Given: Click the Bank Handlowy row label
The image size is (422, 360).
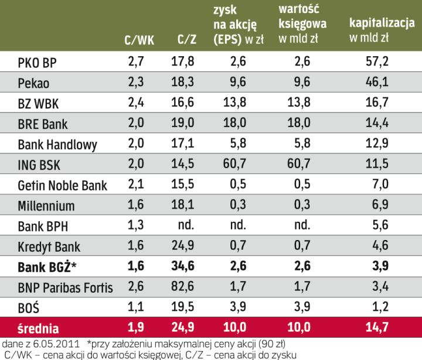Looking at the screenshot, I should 57,145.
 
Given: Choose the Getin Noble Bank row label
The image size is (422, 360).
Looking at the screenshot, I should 63,186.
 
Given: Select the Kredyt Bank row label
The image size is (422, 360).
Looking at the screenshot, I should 49,248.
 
